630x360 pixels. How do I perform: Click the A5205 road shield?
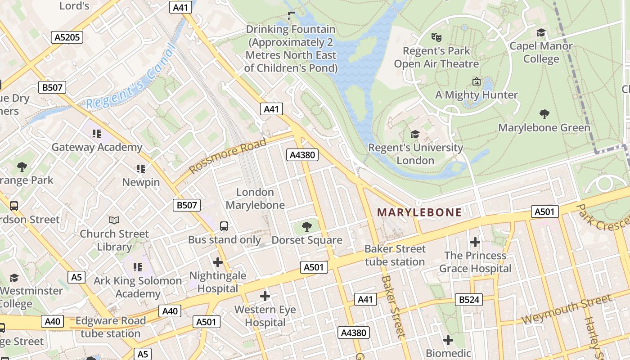click(x=67, y=37)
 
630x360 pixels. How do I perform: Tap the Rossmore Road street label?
click(x=228, y=156)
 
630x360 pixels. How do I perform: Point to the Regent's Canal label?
click(x=130, y=77)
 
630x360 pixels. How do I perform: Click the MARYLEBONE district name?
click(x=419, y=212)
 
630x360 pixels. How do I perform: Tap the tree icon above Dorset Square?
click(x=307, y=226)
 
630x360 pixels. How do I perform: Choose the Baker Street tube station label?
click(x=395, y=255)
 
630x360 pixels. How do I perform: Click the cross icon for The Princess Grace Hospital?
click(x=475, y=243)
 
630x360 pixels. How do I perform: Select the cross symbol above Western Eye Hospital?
click(x=265, y=296)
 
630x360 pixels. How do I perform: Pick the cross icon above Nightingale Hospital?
click(x=218, y=262)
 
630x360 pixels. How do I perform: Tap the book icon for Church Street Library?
click(x=114, y=220)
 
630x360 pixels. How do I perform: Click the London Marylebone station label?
click(x=255, y=198)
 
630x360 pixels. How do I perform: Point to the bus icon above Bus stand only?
click(x=224, y=226)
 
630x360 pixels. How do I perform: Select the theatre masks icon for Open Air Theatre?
click(x=436, y=37)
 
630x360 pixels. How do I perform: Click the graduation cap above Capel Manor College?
click(x=541, y=32)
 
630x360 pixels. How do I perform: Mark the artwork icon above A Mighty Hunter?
click(x=476, y=81)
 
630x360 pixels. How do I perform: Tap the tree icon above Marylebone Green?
click(x=544, y=114)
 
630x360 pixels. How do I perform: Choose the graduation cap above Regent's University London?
click(x=415, y=134)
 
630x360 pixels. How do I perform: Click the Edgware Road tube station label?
click(x=110, y=327)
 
